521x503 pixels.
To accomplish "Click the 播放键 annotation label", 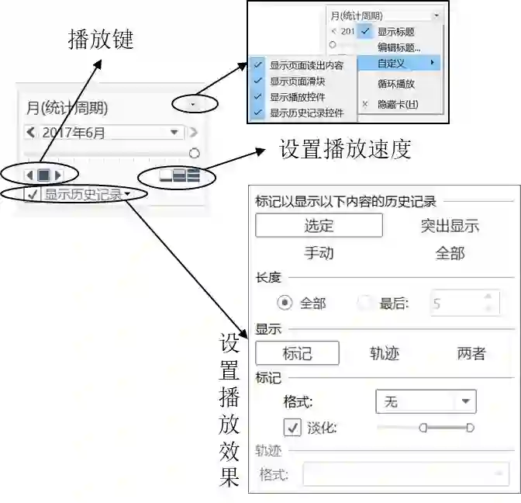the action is point(102,40).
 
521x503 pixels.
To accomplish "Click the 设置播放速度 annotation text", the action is point(345,150).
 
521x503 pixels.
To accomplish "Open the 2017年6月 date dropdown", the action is point(174,133).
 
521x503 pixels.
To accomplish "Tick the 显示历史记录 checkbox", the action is point(33,195).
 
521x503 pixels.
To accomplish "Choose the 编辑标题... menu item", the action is point(399,47).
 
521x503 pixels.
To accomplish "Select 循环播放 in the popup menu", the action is point(396,84).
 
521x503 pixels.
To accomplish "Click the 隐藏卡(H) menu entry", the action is point(397,104).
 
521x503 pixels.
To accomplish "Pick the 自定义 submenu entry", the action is point(392,62).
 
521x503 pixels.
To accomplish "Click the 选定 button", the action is point(319,226).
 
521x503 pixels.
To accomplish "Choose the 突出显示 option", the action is point(450,226).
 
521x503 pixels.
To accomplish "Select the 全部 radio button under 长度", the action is point(285,304).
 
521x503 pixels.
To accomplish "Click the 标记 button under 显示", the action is point(297,353).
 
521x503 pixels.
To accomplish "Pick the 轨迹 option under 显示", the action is point(385,353).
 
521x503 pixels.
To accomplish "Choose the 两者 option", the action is point(471,353).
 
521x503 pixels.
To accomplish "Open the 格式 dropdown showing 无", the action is point(426,401).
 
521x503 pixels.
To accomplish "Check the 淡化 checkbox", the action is point(292,428).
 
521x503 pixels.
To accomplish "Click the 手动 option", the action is point(319,253).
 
